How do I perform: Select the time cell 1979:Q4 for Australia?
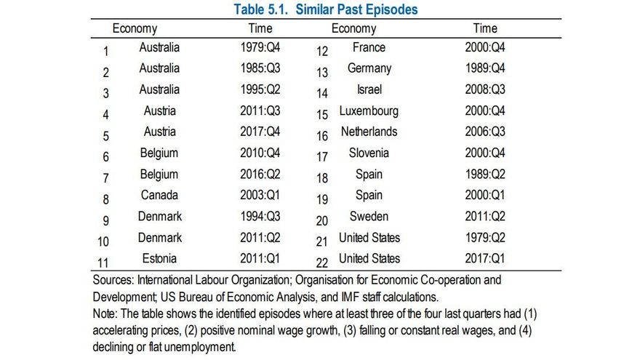click(260, 48)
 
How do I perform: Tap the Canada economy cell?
click(159, 196)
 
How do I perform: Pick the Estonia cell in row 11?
click(159, 259)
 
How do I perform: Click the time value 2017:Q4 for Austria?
click(260, 132)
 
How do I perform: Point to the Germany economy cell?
click(369, 68)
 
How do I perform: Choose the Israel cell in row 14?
click(369, 89)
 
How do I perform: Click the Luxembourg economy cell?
click(369, 111)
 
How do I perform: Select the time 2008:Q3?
click(485, 90)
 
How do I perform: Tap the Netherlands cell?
click(369, 132)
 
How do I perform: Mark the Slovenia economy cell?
click(369, 153)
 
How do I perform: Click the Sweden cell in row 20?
click(369, 217)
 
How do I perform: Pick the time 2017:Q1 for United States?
click(485, 259)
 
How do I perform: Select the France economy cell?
click(369, 48)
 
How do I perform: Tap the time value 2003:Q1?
click(260, 196)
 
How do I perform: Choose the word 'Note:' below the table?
click(107, 313)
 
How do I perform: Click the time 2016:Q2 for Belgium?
click(260, 175)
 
